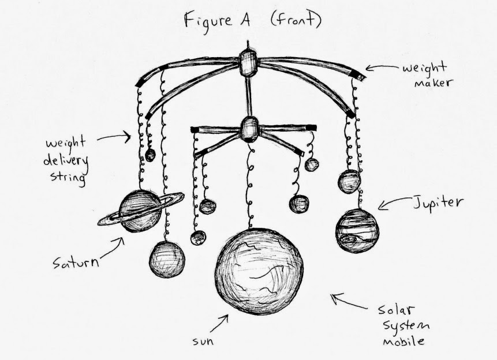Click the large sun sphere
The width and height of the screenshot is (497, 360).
pos(259,272)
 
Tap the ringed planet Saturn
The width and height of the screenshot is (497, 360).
pos(140,211)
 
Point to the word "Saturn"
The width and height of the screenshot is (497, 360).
pos(75,263)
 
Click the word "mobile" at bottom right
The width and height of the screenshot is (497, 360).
pos(403,342)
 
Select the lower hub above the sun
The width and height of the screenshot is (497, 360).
pos(249,129)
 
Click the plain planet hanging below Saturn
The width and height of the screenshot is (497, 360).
pos(167,259)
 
